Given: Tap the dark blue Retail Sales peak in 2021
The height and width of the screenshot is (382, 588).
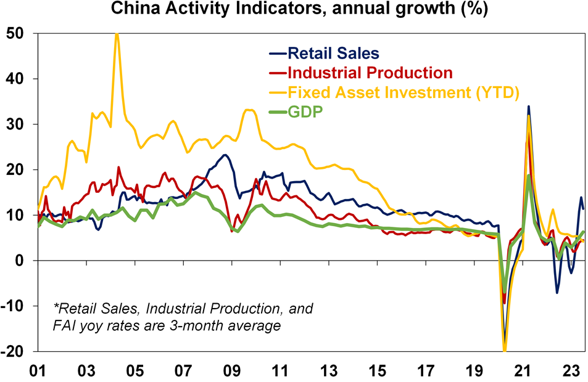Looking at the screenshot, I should tap(528, 107).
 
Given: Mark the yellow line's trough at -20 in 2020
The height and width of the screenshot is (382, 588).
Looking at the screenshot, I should tap(505, 351).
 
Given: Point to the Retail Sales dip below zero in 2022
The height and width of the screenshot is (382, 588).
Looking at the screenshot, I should tap(557, 292).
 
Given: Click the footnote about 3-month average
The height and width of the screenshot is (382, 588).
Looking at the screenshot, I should tap(184, 316).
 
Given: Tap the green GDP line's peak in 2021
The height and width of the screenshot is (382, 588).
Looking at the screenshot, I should tap(529, 176).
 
